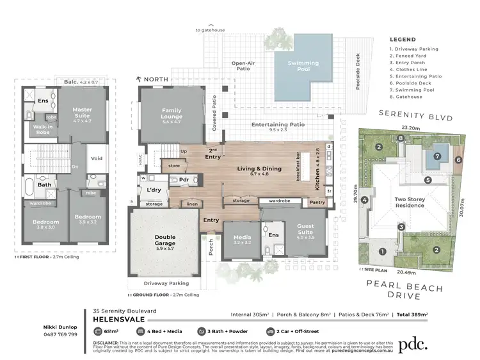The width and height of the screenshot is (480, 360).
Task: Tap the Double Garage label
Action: point(164,241)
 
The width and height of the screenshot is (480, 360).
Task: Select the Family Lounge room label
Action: point(172,113)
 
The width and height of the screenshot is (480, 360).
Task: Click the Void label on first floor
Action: point(97,158)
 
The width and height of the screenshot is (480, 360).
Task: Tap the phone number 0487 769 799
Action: point(60,334)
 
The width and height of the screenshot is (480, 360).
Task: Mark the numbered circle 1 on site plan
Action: point(382,251)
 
